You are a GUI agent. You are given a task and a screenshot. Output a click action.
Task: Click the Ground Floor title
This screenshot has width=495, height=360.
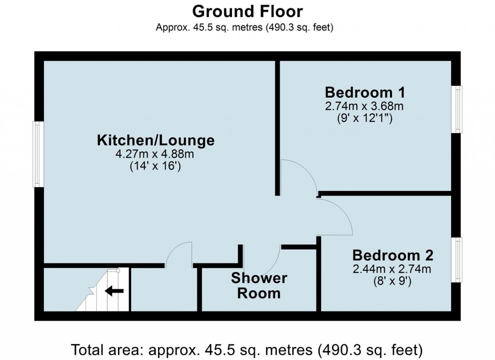pos(247,11)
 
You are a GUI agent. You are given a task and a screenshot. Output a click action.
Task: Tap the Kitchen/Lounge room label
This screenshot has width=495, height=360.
pos(156,141)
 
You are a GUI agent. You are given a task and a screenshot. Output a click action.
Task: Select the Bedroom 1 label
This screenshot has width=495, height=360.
pos(364,92)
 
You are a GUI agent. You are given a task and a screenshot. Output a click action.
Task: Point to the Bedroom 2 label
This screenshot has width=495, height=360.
pos(392,255)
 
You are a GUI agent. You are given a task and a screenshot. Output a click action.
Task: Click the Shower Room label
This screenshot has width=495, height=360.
pos(259,285)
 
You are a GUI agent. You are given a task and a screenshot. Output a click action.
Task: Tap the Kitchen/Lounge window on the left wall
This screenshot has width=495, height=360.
pos(38,154)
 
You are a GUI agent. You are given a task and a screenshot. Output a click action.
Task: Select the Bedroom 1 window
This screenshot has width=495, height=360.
pos(457,108)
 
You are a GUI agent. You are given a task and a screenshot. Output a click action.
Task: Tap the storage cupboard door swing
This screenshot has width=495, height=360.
pos(179,254)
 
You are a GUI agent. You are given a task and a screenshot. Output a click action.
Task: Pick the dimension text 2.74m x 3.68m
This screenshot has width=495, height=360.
pos(364,105)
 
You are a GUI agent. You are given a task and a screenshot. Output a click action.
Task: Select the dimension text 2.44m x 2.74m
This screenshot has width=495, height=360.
pos(392,269)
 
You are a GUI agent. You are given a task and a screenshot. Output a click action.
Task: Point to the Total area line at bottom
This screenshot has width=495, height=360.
pos(247,348)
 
